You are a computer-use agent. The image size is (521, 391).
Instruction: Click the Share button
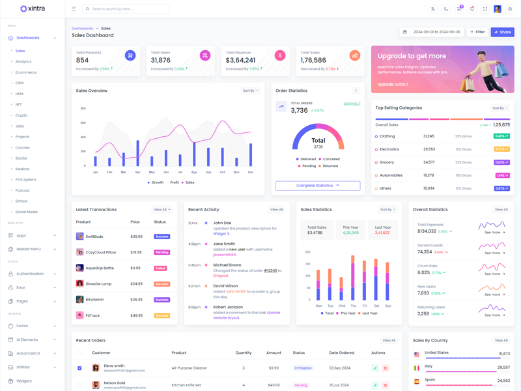pyautogui.click(x=502, y=32)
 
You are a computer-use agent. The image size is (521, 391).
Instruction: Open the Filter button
pyautogui.click(x=477, y=32)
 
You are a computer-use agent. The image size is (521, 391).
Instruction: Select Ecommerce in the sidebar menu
pyautogui.click(x=26, y=72)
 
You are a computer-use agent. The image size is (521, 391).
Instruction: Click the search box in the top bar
pyautogui.click(x=127, y=9)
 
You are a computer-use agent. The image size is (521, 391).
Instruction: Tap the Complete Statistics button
pyautogui.click(x=318, y=186)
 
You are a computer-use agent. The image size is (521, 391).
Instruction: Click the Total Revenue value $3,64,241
pyautogui.click(x=240, y=60)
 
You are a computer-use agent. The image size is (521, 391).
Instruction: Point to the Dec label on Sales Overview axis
pyautogui.click(x=251, y=172)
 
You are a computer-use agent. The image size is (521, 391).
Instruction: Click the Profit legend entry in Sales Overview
pyautogui.click(x=174, y=182)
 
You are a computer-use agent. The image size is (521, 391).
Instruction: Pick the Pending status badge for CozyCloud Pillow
pyautogui.click(x=162, y=252)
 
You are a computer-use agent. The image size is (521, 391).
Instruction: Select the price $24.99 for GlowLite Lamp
pyautogui.click(x=136, y=284)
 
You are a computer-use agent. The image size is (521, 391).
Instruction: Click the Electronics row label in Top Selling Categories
pyautogui.click(x=389, y=149)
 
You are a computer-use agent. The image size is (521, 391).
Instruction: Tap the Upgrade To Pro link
pyautogui.click(x=393, y=84)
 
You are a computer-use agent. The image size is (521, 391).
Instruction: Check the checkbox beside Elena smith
pyautogui.click(x=79, y=368)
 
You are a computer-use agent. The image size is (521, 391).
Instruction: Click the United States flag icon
pyautogui.click(x=417, y=355)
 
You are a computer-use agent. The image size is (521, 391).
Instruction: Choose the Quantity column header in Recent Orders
pyautogui.click(x=244, y=353)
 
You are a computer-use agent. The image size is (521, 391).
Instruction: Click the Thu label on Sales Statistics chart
pyautogui.click(x=354, y=306)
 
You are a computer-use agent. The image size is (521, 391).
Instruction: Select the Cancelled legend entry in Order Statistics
pyautogui.click(x=331, y=159)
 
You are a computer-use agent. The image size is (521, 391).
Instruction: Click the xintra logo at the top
pyautogui.click(x=33, y=9)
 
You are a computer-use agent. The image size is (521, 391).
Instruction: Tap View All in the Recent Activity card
pyautogui.click(x=276, y=210)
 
